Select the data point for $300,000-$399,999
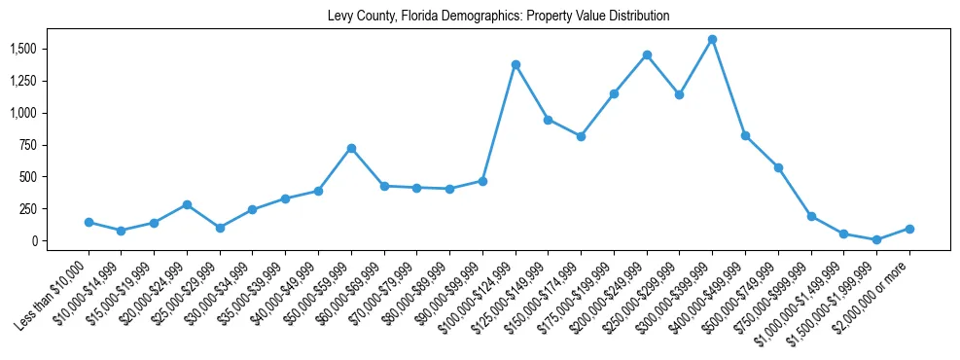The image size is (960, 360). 712,39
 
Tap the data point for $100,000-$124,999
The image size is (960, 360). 516,64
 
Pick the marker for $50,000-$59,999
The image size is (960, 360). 351,148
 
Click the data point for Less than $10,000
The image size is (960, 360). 89,222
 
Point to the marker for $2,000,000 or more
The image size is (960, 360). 909,229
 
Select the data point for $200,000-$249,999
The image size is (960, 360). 647,54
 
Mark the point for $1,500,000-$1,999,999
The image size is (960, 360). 876,239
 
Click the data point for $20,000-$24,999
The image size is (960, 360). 187,204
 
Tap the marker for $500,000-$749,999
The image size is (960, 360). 778,167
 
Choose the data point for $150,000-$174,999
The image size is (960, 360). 581,136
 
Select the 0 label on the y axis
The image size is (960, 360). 33,241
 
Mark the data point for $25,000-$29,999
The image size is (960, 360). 220,228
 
